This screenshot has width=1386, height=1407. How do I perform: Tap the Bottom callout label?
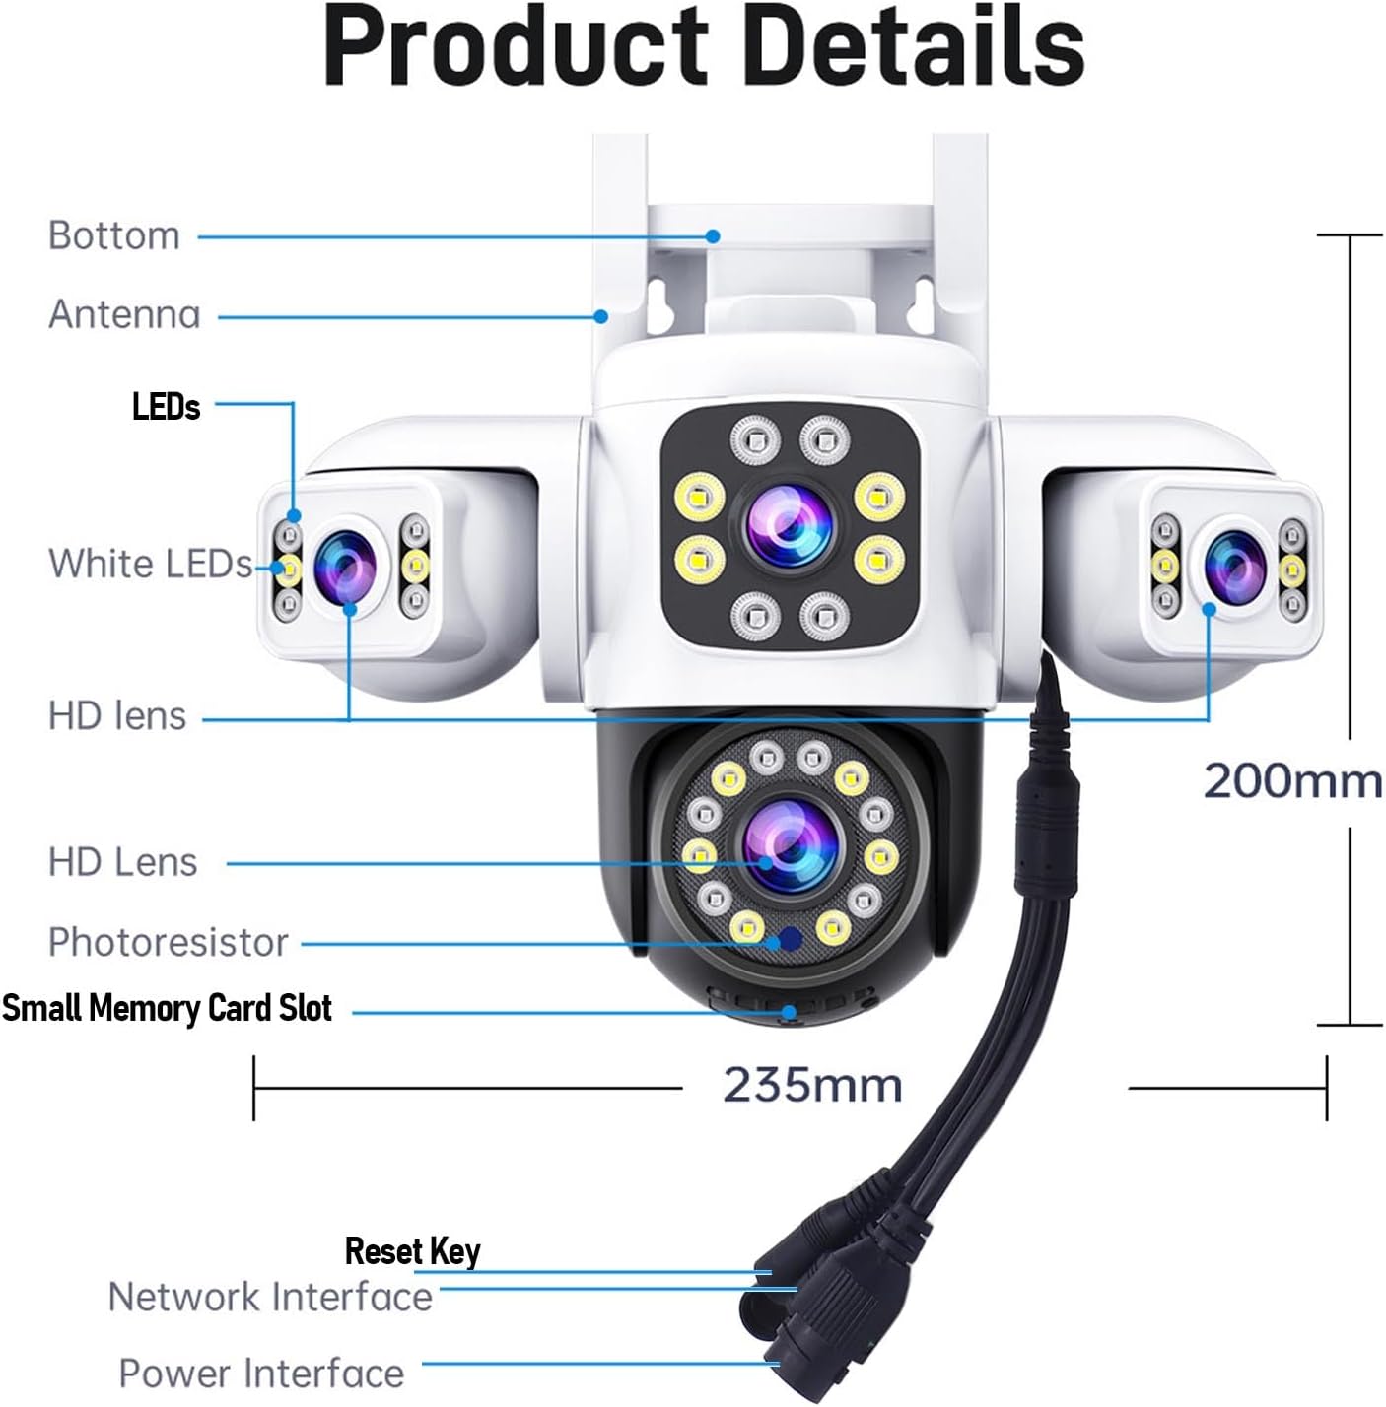pyautogui.click(x=114, y=236)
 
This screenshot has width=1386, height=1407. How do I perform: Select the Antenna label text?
pyautogui.click(x=124, y=315)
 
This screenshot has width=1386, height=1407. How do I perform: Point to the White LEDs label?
pyautogui.click(x=150, y=564)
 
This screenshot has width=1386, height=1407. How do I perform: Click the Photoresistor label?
pyautogui.click(x=168, y=943)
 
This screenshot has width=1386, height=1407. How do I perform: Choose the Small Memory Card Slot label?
pyautogui.click(x=167, y=1008)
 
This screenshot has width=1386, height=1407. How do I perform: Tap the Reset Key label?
pyautogui.click(x=412, y=1251)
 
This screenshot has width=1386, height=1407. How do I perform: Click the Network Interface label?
pyautogui.click(x=270, y=1297)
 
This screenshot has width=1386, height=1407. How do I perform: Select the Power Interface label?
pyautogui.click(x=261, y=1373)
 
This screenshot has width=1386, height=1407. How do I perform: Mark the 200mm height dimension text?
pyautogui.click(x=1292, y=781)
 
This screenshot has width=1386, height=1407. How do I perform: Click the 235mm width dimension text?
pyautogui.click(x=812, y=1086)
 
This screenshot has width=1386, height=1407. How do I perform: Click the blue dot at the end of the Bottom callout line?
pyautogui.click(x=713, y=236)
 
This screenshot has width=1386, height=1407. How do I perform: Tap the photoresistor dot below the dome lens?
pyautogui.click(x=789, y=939)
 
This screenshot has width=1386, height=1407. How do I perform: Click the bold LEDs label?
pyautogui.click(x=166, y=407)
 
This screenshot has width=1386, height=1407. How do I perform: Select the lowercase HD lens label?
pyautogui.click(x=117, y=716)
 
